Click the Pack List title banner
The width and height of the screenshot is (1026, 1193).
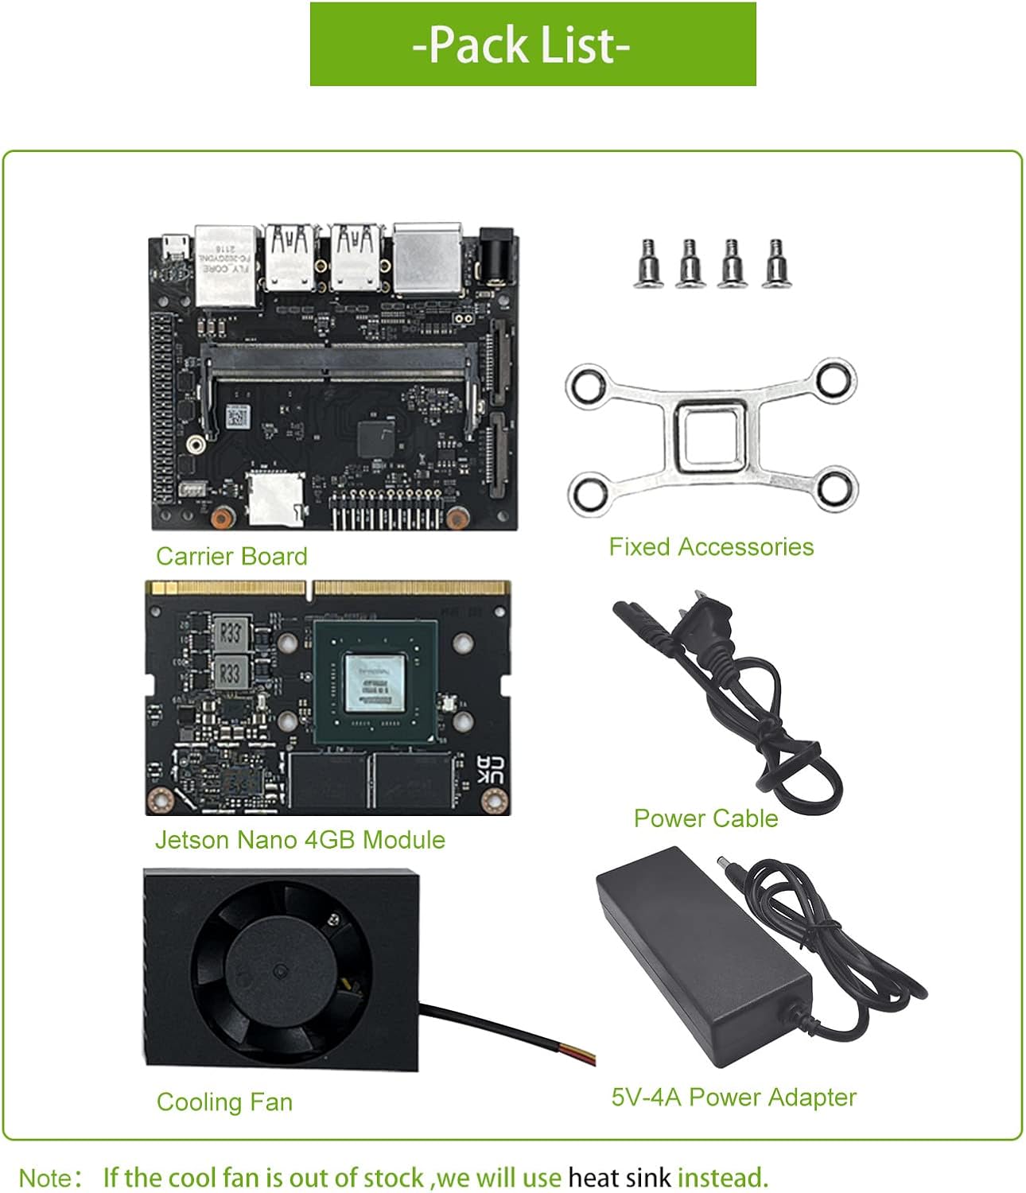coord(532,45)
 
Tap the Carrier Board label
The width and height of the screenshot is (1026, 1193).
coord(231,556)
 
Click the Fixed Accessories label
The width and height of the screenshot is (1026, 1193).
coord(711,546)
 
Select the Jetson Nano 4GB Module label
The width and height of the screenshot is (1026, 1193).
coord(300,839)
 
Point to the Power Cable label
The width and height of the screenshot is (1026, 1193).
coord(705,818)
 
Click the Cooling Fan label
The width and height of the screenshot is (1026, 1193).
coord(224,1102)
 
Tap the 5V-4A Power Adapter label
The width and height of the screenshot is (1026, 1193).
coord(733,1097)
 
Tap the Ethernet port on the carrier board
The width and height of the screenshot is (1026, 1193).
coord(226,264)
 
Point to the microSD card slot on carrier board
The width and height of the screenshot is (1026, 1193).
coord(274,498)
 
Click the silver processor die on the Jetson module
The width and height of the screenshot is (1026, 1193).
coord(375,685)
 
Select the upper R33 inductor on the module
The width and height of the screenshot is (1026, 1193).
coord(230,634)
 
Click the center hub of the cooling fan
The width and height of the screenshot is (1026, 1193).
coord(280,972)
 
